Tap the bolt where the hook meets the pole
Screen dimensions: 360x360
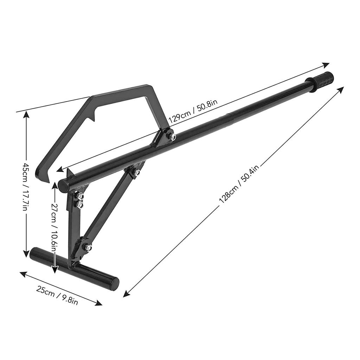(x=172, y=136)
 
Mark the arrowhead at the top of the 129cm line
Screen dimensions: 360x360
(x=327, y=64)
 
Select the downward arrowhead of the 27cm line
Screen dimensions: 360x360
(x=55, y=270)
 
